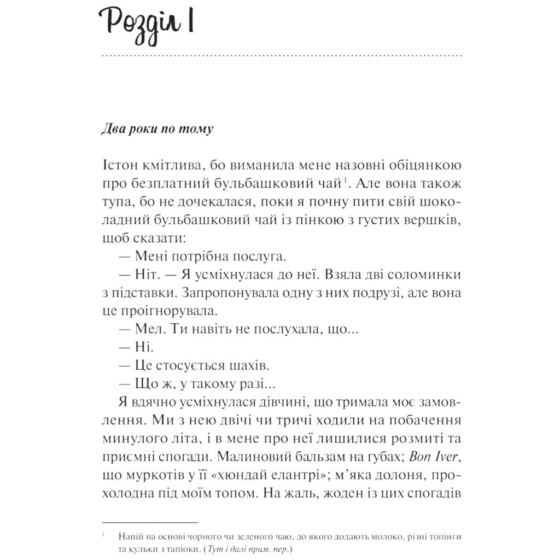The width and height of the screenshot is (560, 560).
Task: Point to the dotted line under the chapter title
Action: pyautogui.click(x=282, y=56)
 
